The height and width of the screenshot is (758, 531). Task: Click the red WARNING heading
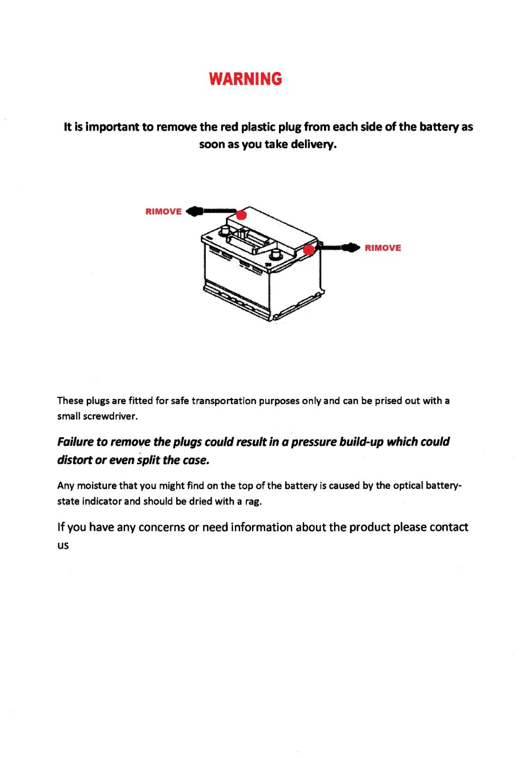[245, 79]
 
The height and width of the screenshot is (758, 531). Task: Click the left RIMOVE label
[163, 211]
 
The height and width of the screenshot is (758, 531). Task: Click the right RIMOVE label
[383, 248]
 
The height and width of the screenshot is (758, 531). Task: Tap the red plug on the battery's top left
[242, 215]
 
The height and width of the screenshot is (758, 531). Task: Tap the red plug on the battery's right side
[309, 249]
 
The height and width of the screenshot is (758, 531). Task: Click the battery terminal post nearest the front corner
[275, 256]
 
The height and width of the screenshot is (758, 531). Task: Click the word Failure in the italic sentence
[75, 442]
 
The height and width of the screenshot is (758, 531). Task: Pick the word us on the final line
[63, 545]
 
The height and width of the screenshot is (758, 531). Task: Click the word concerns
[162, 527]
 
